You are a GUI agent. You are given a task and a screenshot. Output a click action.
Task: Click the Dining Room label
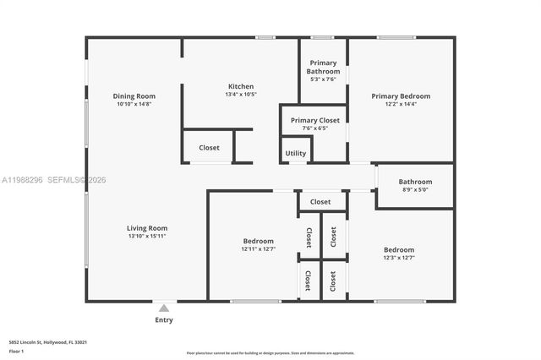[134, 96]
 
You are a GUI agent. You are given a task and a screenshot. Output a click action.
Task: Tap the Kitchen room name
[240, 86]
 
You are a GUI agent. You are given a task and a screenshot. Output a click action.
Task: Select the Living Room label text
[147, 228]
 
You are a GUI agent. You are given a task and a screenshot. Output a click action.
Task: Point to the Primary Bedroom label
[401, 96]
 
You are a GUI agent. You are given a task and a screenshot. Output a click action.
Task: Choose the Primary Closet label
[314, 121]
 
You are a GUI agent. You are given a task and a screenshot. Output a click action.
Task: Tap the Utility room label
[296, 153]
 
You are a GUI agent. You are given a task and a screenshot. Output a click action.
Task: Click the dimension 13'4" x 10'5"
[240, 95]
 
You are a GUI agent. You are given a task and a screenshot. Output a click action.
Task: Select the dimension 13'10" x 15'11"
[147, 237]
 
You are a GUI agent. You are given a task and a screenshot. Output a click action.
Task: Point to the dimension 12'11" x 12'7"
[258, 249]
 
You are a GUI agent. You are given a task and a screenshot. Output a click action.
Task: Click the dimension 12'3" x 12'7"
[399, 258]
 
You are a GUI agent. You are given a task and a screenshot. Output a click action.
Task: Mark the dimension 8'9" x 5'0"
[415, 190]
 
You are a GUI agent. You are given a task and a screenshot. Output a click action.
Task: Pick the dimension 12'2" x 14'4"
[401, 104]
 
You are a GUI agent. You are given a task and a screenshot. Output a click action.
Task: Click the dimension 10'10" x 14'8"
[134, 104]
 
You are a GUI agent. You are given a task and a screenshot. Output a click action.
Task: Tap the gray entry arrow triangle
[164, 308]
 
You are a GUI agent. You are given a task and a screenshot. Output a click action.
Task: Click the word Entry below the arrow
[164, 319]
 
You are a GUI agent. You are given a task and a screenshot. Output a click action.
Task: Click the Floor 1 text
[16, 351]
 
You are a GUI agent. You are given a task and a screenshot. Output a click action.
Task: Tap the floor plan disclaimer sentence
[270, 352]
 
